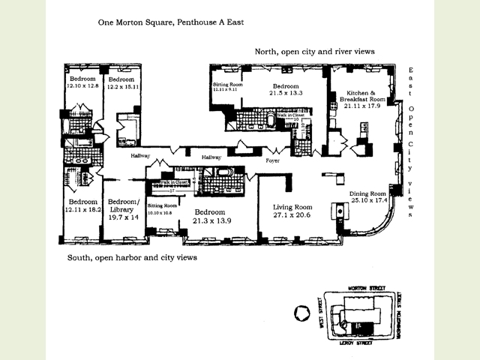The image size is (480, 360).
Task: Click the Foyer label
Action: pos(273,161)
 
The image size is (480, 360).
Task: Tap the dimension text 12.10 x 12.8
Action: pos(83,86)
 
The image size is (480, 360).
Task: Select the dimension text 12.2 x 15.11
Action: pos(123,86)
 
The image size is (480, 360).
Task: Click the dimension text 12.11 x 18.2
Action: pos(83,210)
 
